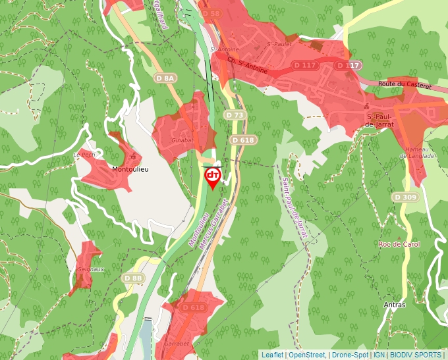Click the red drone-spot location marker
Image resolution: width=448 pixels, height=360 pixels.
click(x=213, y=176)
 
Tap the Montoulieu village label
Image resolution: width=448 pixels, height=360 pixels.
click(x=130, y=169)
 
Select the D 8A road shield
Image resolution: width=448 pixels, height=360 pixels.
click(x=166, y=78)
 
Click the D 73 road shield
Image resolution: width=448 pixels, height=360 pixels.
click(x=235, y=115)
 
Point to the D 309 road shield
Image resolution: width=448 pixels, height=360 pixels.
click(x=405, y=197)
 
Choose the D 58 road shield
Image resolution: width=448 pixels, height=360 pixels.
click(x=211, y=13)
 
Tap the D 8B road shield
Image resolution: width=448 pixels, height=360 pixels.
click(x=133, y=278)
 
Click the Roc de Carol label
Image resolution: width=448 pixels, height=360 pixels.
click(x=399, y=244)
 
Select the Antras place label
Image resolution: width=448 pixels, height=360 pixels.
click(x=394, y=305)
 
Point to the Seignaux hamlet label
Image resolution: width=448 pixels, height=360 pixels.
click(x=91, y=269)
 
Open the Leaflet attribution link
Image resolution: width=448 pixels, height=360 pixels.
click(x=272, y=355)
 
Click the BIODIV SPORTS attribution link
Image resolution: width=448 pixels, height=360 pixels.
click(x=416, y=355)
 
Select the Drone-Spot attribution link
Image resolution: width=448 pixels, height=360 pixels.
click(x=349, y=355)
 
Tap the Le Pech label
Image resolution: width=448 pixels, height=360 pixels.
click(x=84, y=155)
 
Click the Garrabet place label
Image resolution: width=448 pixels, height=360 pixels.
click(x=176, y=344)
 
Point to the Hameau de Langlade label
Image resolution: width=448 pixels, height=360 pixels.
click(x=417, y=153)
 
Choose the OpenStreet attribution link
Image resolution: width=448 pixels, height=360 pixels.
click(x=307, y=355)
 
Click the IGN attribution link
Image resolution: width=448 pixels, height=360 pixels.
click(x=379, y=355)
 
